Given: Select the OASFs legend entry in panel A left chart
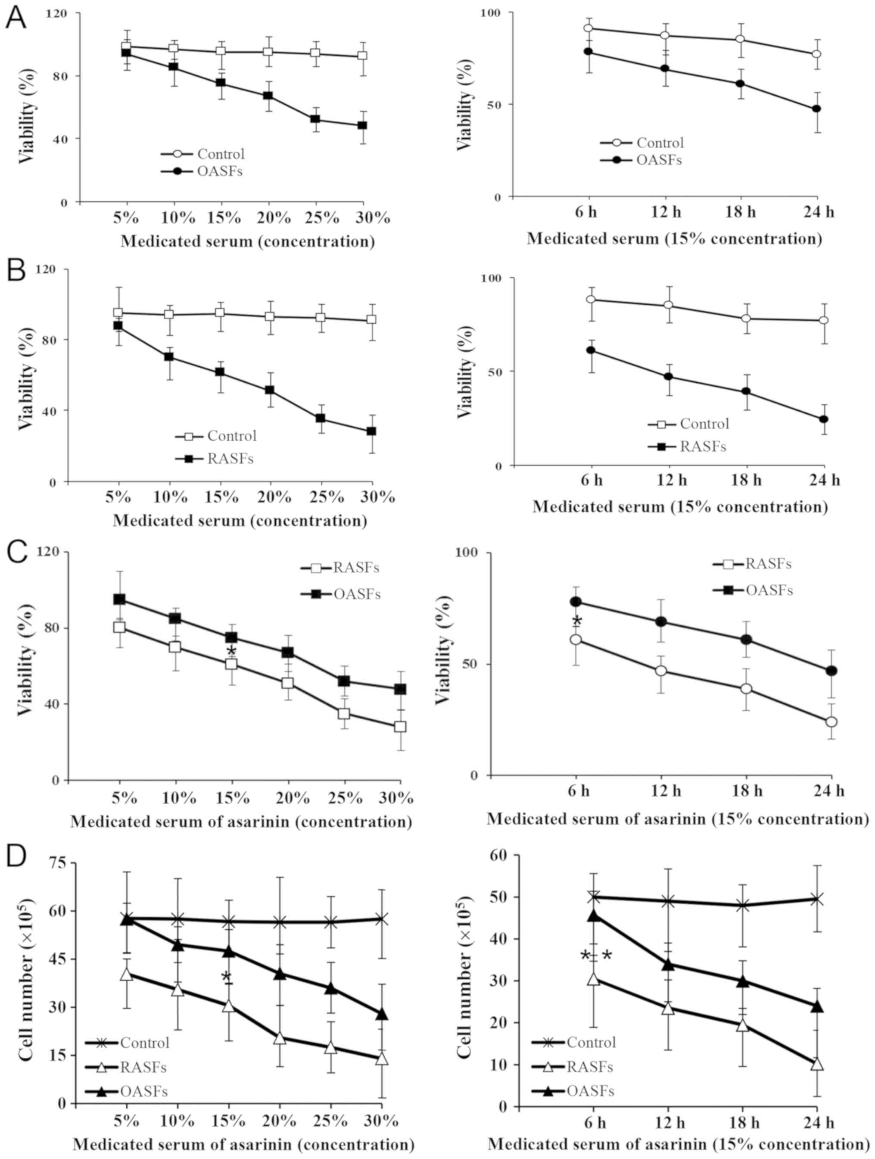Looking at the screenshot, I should tap(219, 172).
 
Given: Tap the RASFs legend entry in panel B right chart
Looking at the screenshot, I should tap(703, 446).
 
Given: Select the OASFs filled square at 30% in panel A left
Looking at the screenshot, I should tap(362, 126).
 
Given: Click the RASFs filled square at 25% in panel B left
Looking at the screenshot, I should tap(321, 418).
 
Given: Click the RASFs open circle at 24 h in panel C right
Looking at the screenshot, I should tap(831, 722).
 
